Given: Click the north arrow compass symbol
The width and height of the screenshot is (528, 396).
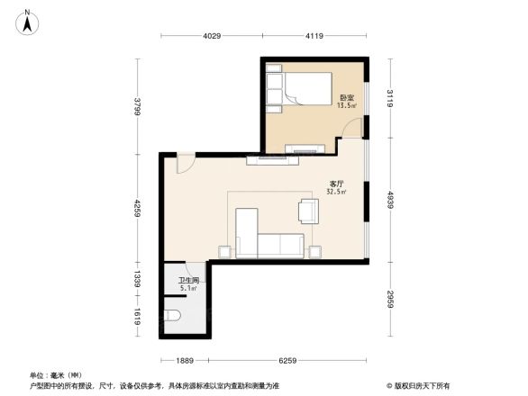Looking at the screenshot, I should click(x=27, y=20).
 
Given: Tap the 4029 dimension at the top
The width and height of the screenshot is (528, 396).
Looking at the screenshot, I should click(x=211, y=35).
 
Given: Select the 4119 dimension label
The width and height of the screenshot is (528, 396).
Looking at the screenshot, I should click(x=314, y=35).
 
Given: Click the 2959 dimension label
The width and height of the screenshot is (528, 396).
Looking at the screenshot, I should click(x=389, y=296).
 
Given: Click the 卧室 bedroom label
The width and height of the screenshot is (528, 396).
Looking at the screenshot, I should click(x=346, y=97).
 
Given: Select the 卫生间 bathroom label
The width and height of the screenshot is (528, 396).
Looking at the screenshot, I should click(x=187, y=281).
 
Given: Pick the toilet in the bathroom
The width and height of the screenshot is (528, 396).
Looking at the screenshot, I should click(x=174, y=315).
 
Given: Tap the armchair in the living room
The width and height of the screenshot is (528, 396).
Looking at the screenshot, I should click(x=307, y=211).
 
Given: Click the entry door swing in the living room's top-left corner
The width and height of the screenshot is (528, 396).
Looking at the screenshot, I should click(x=184, y=163).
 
